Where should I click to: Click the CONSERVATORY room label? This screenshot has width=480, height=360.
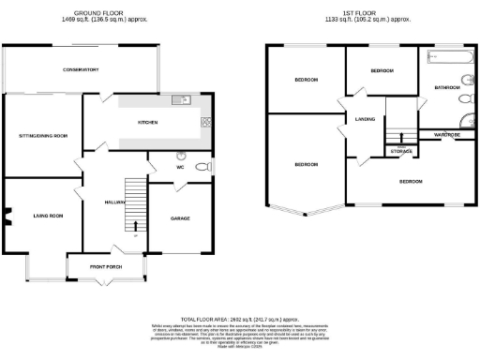click(x=81, y=70)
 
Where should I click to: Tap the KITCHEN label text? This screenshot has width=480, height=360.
click(x=147, y=123)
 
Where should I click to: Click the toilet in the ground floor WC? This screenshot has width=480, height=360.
click(x=202, y=167)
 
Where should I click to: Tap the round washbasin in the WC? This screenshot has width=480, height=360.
click(x=181, y=157)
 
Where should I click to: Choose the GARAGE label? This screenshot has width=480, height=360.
click(x=180, y=218)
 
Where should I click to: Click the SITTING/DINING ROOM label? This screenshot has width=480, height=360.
click(x=44, y=136)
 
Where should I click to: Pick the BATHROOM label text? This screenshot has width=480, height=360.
click(x=446, y=87)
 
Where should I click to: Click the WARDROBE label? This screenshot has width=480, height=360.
click(x=446, y=135)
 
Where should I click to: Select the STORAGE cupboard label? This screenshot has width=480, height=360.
click(x=401, y=151)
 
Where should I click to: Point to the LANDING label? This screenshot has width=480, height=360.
click(x=365, y=119)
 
